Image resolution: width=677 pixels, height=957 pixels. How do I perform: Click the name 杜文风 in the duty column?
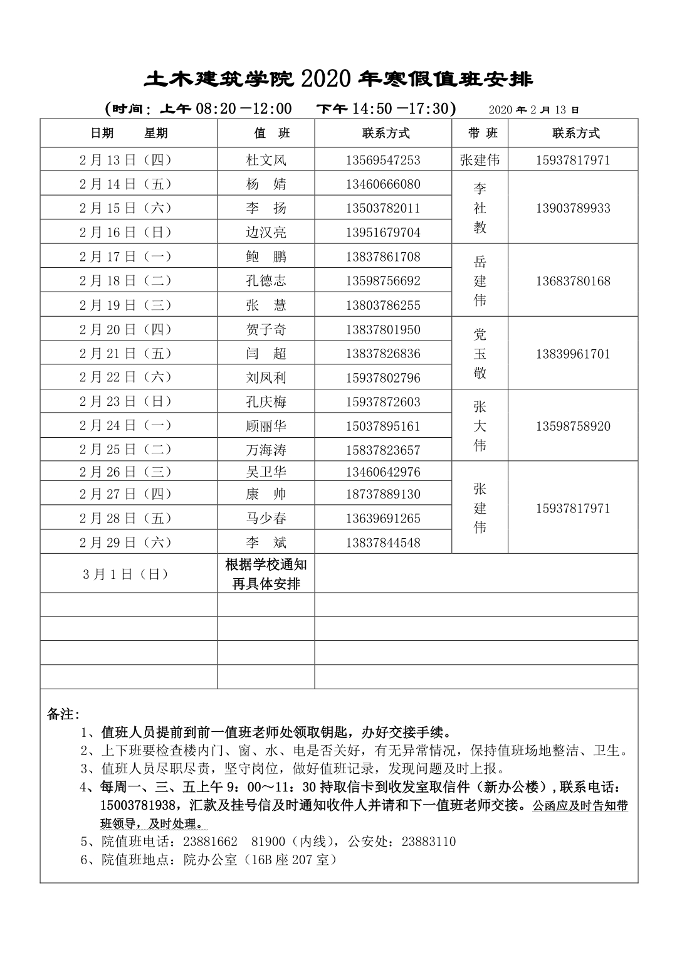266,160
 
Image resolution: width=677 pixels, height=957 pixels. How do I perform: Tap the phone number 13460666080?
383,184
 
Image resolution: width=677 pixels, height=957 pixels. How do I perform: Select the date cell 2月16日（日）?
125,232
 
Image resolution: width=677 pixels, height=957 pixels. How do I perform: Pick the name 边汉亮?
266,232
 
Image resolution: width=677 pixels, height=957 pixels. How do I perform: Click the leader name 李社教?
480,208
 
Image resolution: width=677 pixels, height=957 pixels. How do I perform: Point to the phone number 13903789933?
572,208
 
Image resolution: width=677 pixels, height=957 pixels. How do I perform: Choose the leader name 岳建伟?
480,280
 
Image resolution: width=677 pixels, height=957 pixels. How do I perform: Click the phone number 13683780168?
572,281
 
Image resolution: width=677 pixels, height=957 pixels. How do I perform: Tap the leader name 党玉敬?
480,353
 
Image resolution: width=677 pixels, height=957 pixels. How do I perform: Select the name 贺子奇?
266,329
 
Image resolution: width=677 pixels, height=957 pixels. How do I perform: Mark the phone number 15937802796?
383,378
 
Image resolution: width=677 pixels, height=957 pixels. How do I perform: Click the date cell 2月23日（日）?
125,401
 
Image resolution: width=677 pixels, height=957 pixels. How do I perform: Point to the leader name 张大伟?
480,426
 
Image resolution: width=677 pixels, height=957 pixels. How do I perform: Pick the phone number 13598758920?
572,426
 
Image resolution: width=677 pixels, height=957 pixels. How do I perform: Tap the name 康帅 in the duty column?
266,494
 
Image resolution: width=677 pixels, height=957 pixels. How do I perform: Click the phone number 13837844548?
383,542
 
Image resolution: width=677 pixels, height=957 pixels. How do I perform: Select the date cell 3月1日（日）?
125,574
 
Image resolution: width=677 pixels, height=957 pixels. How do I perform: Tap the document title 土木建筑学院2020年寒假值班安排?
338,79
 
